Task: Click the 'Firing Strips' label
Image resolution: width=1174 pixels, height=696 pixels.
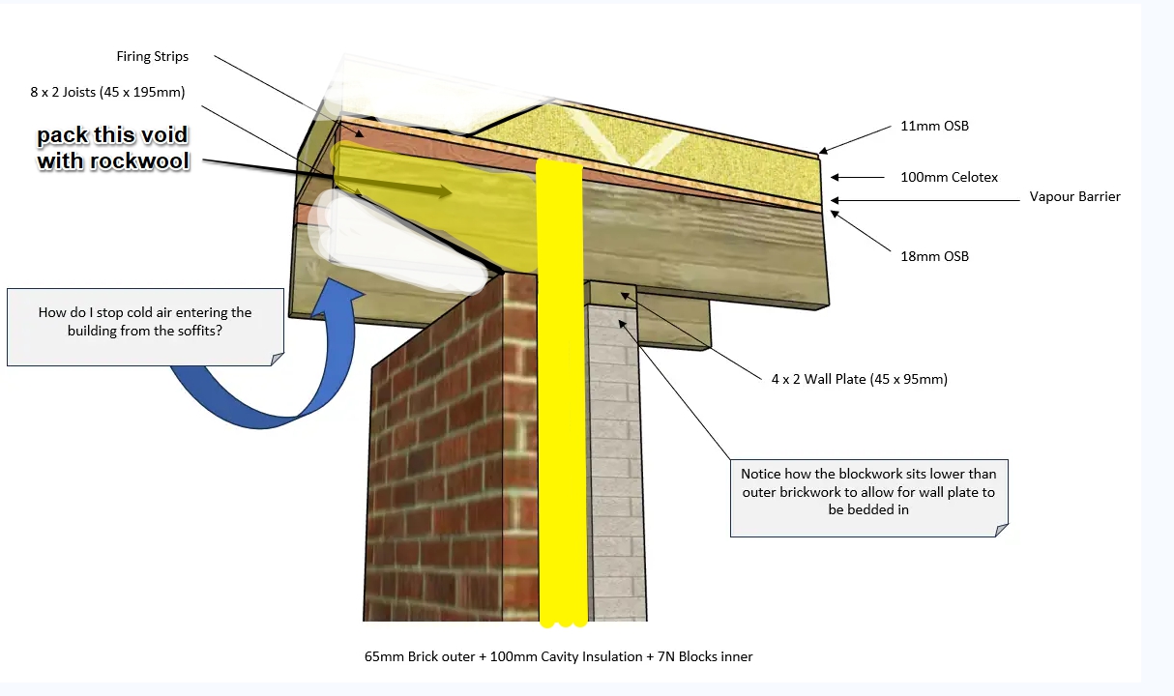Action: click(152, 57)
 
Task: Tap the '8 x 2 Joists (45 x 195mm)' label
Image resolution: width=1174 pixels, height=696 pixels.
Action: click(107, 92)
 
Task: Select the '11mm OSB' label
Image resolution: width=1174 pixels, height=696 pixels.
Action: click(934, 127)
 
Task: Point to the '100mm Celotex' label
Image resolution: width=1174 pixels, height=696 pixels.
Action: click(949, 177)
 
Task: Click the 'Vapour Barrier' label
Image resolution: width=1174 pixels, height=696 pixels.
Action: click(1074, 196)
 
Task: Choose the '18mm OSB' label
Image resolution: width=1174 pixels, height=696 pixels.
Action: click(934, 256)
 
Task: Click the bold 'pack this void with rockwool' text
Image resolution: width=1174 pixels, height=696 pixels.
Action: click(113, 148)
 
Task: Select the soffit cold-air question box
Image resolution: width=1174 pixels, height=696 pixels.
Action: click(145, 327)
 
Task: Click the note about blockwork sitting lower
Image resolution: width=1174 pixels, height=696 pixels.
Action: click(869, 498)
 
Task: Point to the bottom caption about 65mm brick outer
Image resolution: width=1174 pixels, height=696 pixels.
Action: click(558, 656)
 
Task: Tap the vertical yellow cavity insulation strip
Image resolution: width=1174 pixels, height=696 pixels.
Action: click(562, 392)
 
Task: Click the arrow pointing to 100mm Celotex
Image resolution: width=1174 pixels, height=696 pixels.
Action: click(858, 178)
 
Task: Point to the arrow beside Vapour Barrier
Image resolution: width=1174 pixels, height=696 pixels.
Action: click(925, 200)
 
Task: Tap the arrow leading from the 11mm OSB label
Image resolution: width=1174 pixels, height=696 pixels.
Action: click(855, 139)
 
